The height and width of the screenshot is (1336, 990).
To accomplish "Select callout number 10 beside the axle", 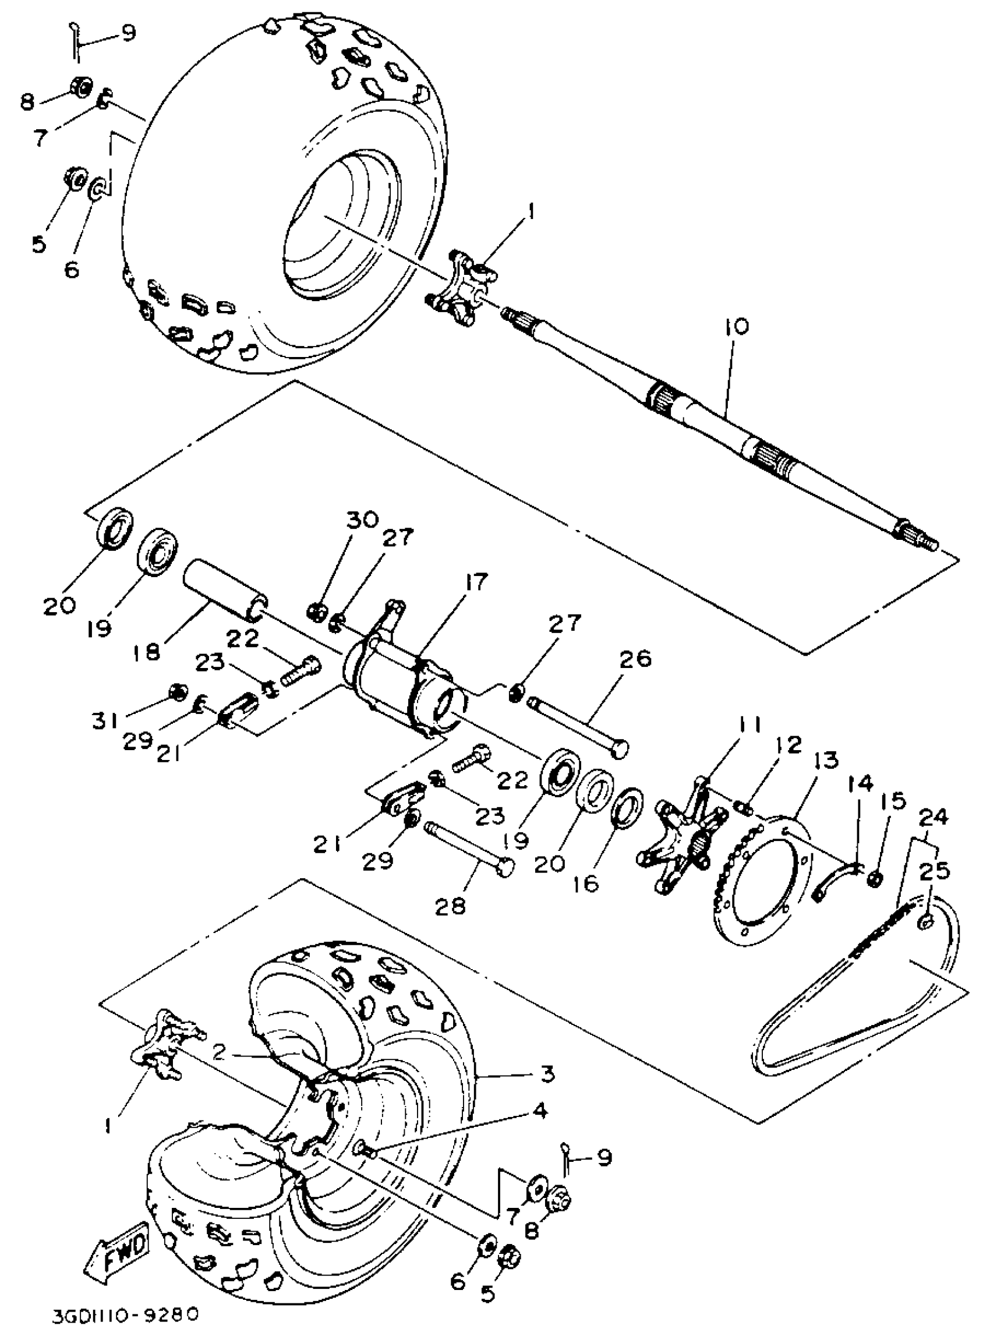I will pos(736,327).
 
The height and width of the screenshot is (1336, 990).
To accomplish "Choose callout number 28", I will pos(451,906).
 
